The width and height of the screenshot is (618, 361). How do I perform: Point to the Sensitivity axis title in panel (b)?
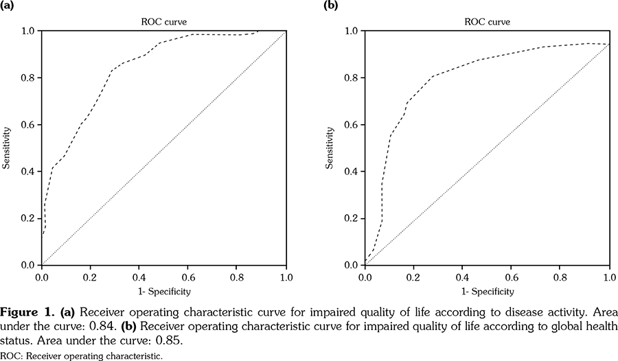pyautogui.click(x=332, y=148)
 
